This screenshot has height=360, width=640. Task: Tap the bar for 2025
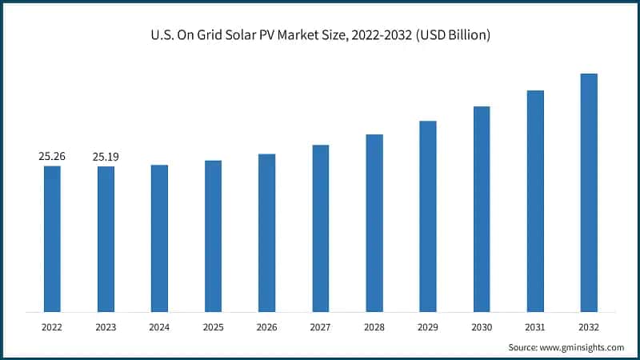coord(213,236)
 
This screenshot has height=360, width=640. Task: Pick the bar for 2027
coord(321,228)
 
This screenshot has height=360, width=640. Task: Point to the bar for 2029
coord(428,216)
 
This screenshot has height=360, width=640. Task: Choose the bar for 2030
coord(482,209)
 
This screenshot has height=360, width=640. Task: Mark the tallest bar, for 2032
coord(589,192)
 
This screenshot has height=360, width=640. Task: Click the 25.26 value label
coord(52,157)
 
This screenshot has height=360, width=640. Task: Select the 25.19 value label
coord(106,157)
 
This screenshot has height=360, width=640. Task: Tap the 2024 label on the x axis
coord(159,327)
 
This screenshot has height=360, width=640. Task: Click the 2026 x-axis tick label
coord(266,327)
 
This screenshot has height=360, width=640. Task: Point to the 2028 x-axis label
coord(374,327)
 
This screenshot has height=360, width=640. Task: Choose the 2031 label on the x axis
coord(535,327)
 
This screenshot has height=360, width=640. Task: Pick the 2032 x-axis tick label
coord(589,327)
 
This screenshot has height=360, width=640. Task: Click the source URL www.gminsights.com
coord(582,347)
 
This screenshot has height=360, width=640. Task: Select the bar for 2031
coord(535,201)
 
